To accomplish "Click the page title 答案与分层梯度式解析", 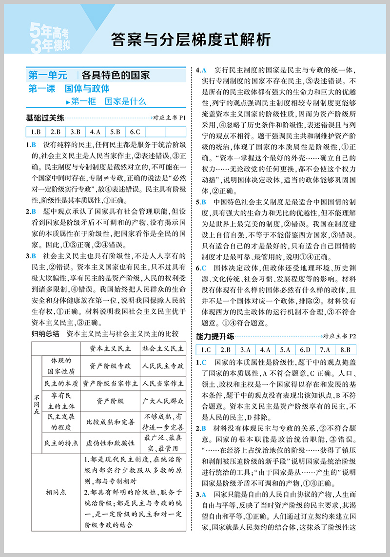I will point(190,39).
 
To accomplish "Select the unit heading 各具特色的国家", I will point(115,76).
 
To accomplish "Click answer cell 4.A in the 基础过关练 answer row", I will point(95,132).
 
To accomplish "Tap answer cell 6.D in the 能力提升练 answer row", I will point(305,349).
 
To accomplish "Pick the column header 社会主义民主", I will point(163,348).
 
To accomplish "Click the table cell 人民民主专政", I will point(163,365).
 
